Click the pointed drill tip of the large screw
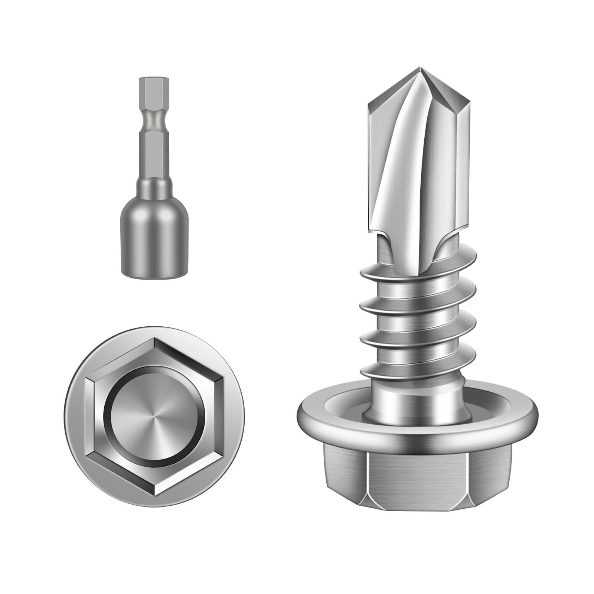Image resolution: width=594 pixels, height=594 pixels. [x=420, y=69]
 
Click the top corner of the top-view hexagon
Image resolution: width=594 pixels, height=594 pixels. [x=154, y=339]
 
